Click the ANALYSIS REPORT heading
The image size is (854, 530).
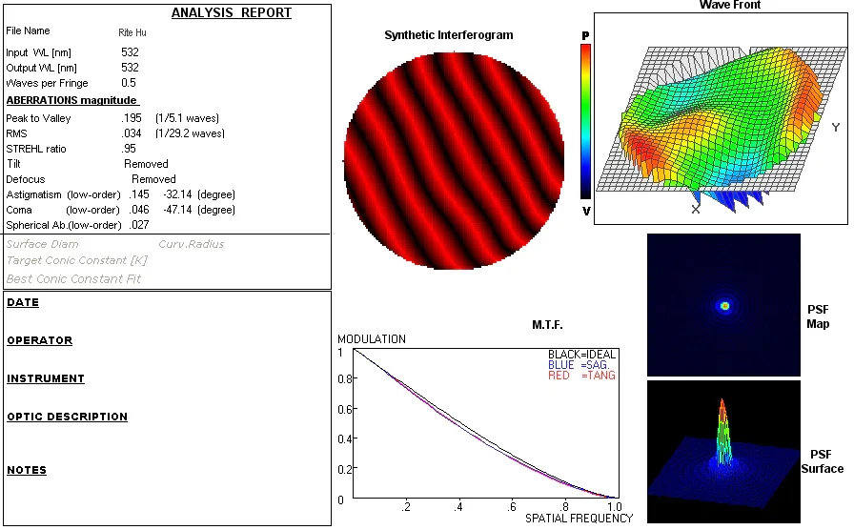tap(232, 13)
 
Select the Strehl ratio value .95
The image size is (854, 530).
tap(130, 149)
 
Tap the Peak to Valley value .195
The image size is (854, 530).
tap(132, 118)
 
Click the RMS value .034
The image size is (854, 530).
tap(132, 133)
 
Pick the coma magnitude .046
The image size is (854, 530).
tap(138, 210)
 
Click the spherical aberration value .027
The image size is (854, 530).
tap(138, 225)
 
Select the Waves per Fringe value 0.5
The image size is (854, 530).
tap(130, 83)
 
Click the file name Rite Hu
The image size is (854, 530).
tap(132, 32)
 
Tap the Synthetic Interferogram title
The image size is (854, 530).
tap(448, 35)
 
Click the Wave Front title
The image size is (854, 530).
tap(729, 6)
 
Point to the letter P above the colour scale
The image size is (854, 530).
tap(585, 35)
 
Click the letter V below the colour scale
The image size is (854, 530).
tap(585, 211)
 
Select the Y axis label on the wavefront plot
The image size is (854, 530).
tap(835, 128)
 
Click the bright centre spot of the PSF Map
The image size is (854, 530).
tap(724, 306)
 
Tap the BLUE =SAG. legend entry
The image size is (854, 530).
tap(581, 365)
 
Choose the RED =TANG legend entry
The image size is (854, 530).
tap(581, 376)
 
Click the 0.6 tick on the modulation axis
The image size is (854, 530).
tap(343, 410)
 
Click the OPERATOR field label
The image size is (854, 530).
tap(39, 340)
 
